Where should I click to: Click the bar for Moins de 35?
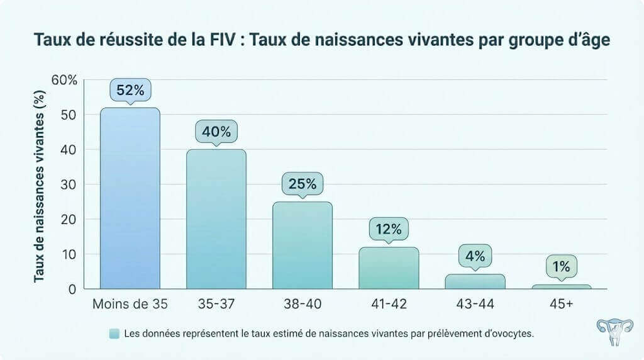(x=130, y=198)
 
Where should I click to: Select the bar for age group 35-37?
(x=216, y=219)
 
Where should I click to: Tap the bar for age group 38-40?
(x=303, y=245)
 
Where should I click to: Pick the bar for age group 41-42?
(x=389, y=268)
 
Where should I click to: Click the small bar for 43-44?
(x=475, y=282)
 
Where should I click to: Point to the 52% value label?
(x=130, y=91)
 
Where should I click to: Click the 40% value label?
(x=216, y=132)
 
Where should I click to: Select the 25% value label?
(x=303, y=184)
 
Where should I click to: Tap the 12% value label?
(x=389, y=229)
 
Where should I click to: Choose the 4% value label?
(x=475, y=256)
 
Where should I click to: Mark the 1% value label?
(x=561, y=266)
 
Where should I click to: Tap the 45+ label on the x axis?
(x=561, y=305)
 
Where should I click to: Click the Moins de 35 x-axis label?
(x=130, y=305)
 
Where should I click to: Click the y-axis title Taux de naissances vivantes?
(x=39, y=184)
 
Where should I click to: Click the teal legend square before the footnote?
(x=114, y=334)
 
